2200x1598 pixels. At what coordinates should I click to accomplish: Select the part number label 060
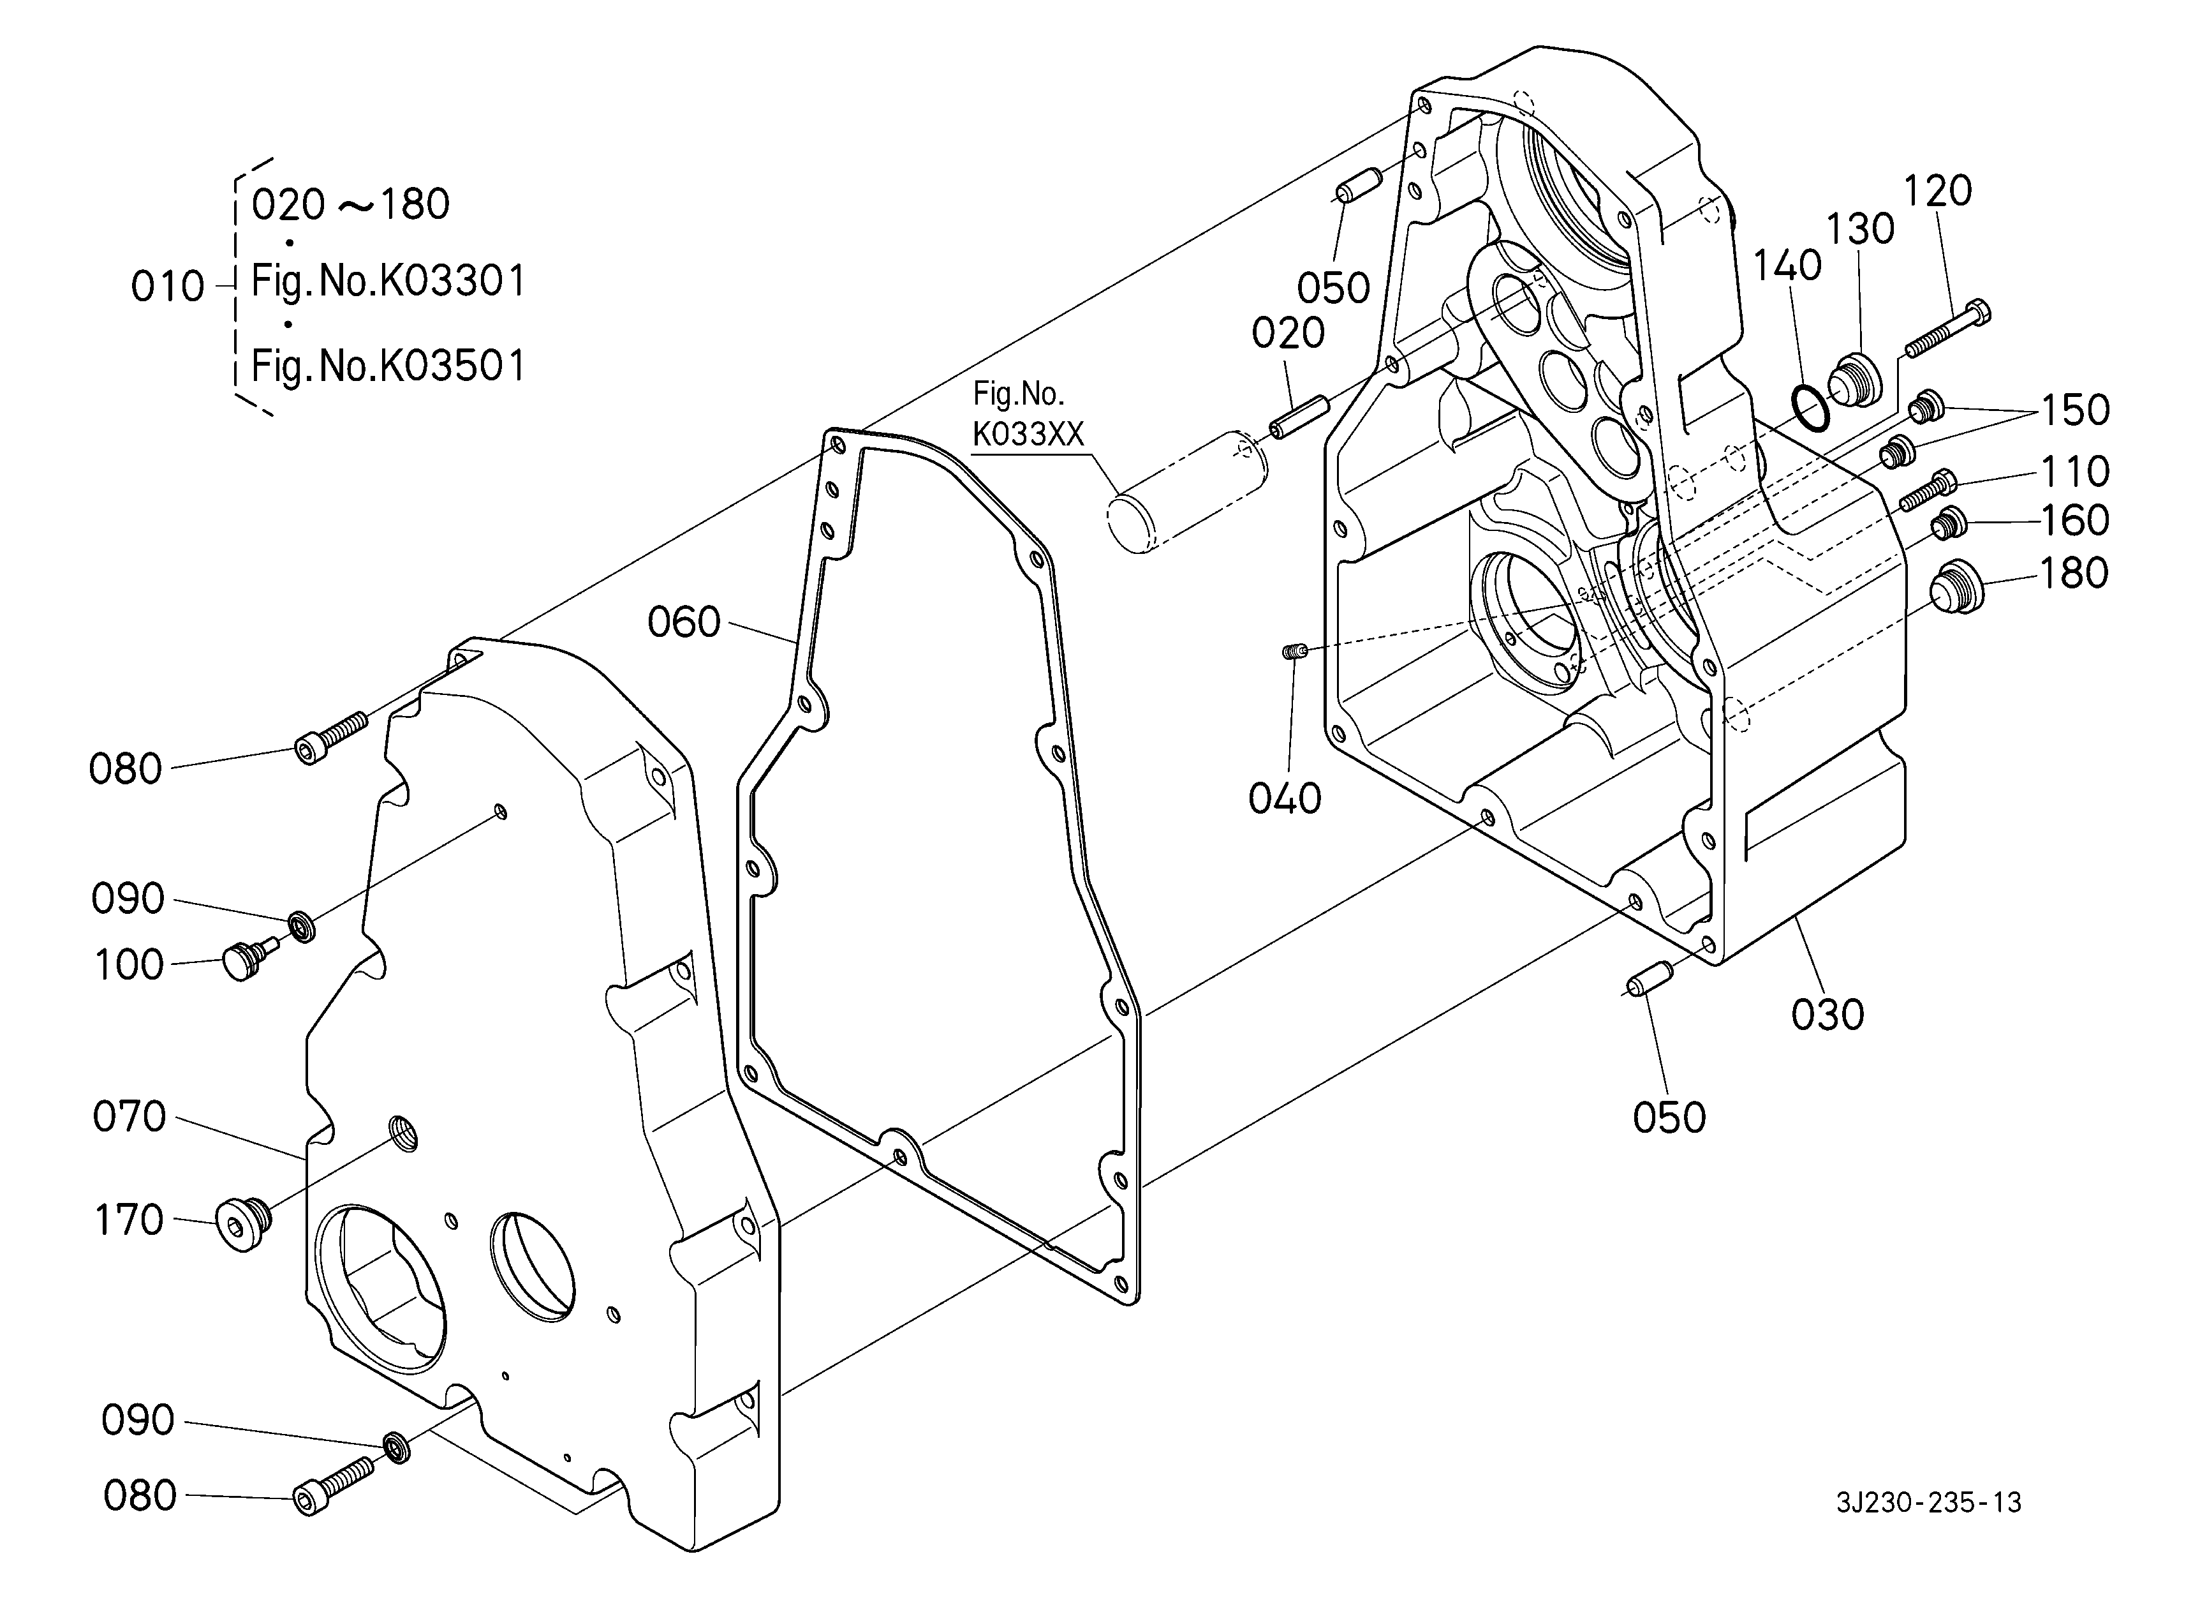click(684, 622)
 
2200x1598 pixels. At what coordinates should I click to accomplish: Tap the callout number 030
click(1827, 1015)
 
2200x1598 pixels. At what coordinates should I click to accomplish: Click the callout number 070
click(129, 1117)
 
